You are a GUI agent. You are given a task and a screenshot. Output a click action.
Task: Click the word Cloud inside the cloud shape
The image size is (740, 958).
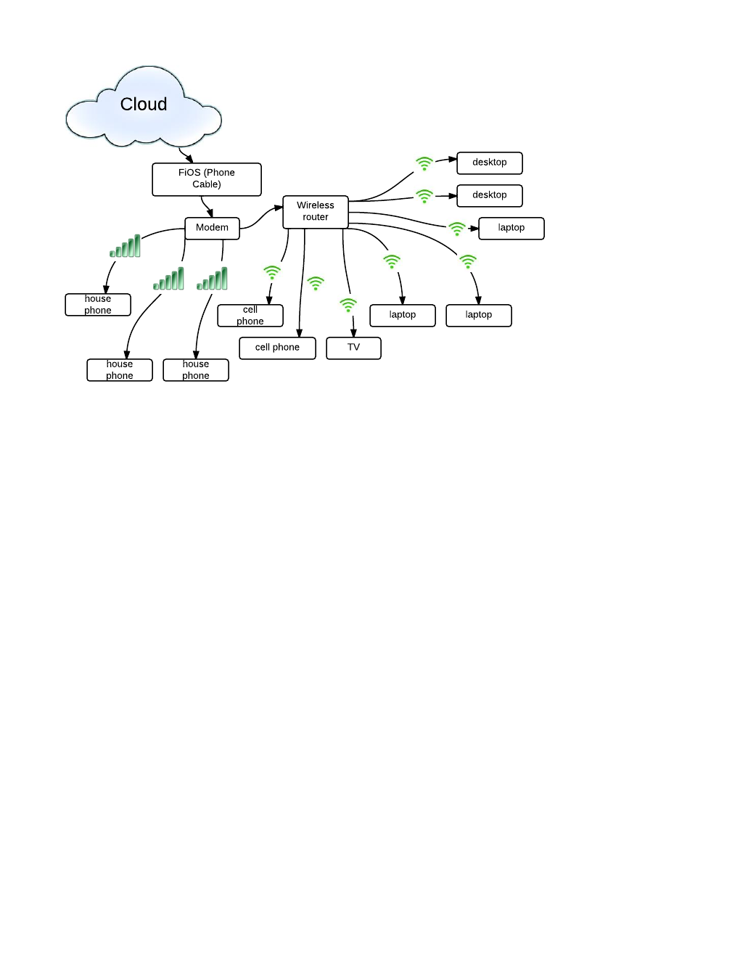click(144, 105)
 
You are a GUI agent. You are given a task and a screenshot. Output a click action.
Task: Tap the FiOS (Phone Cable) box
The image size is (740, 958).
click(206, 179)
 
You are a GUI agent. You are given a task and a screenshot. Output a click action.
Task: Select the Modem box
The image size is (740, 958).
click(212, 228)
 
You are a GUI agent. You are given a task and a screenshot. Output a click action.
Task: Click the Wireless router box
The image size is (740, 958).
click(316, 212)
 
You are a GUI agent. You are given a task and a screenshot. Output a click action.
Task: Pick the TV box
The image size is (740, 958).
click(353, 348)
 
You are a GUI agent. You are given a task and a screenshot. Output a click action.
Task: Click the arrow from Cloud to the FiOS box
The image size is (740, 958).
click(185, 155)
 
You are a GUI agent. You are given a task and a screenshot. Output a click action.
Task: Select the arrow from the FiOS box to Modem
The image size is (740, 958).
click(207, 208)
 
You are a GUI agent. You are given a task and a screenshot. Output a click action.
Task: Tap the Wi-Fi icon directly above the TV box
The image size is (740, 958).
click(348, 305)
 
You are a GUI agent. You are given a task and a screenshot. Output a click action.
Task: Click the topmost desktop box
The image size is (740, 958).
click(490, 163)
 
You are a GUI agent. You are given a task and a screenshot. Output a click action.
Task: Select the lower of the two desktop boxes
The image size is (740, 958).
click(490, 195)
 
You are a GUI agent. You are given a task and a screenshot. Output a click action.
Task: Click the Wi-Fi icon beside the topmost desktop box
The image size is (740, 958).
click(424, 164)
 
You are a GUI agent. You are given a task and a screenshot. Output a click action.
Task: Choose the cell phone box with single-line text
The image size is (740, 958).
click(277, 348)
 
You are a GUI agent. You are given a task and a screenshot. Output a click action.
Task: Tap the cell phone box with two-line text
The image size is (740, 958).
click(250, 316)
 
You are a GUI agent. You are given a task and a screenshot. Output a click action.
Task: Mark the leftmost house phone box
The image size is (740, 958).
click(98, 305)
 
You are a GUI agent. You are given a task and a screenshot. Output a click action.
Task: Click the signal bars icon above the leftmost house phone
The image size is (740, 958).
click(126, 247)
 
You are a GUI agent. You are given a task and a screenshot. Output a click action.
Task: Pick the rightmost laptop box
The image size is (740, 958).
click(511, 228)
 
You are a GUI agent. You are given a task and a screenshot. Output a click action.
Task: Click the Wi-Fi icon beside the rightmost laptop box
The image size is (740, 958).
click(457, 229)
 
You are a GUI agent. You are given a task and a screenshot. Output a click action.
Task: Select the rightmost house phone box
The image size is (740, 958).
click(196, 370)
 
